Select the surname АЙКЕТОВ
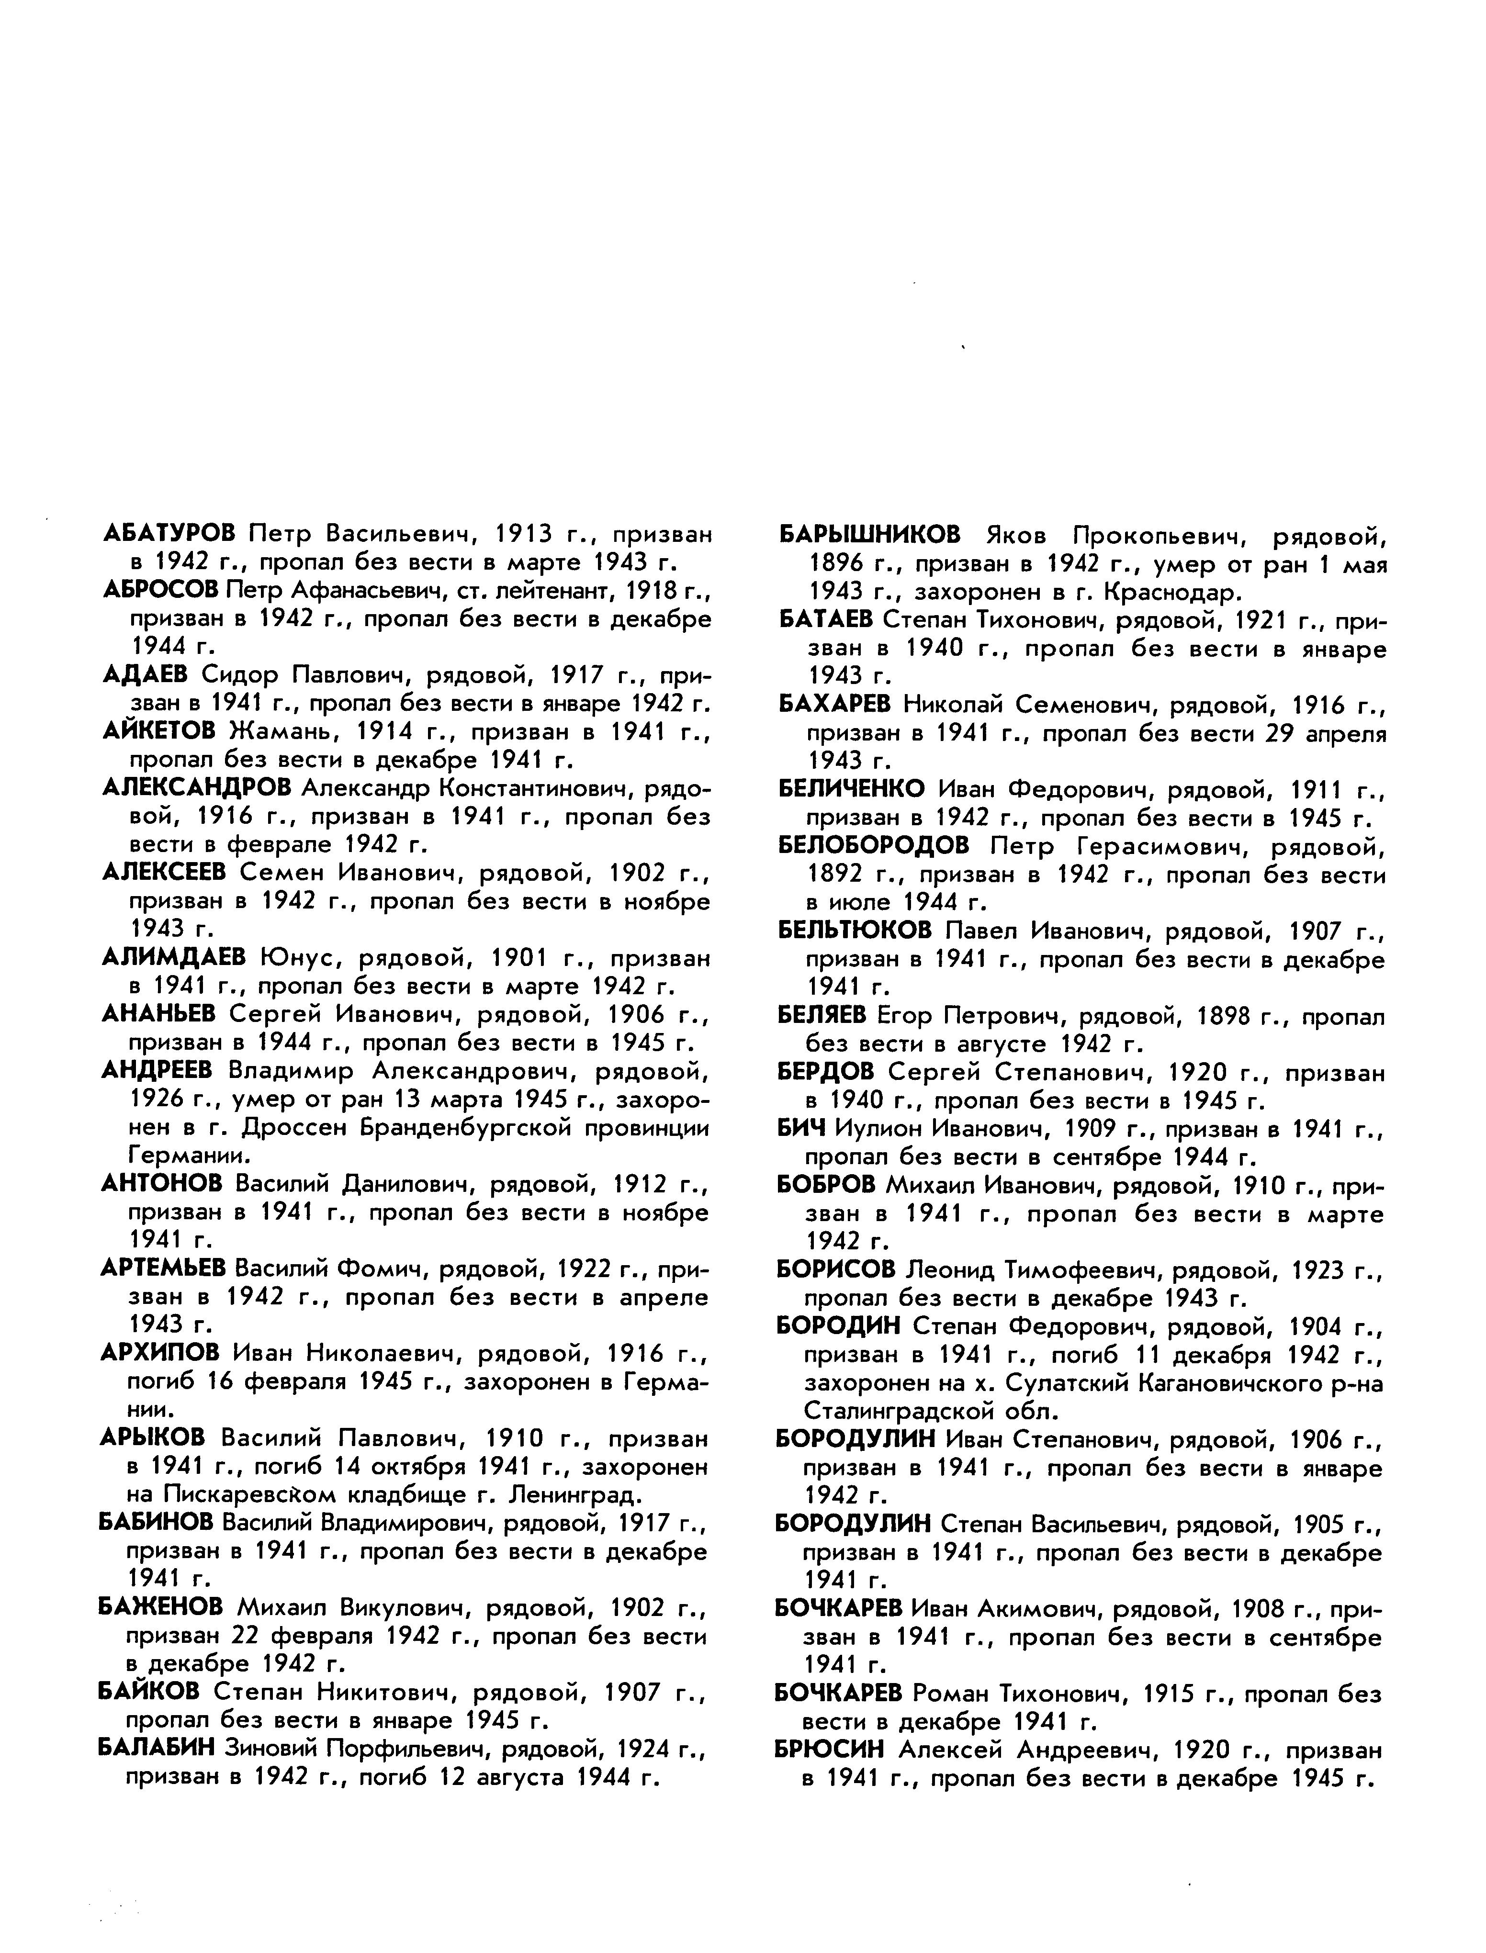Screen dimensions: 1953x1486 159,730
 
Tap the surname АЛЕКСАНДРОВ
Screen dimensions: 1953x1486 196,787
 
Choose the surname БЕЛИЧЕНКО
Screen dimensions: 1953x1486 852,789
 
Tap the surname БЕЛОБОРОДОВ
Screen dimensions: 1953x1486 874,846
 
